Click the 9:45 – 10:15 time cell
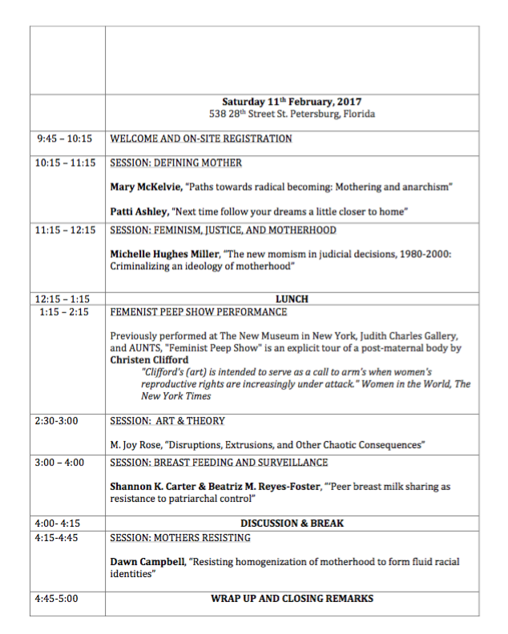(65, 138)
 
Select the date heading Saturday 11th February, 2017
(292, 102)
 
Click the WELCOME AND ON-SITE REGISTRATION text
(200, 138)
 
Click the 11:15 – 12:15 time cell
(65, 230)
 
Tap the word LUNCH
(292, 299)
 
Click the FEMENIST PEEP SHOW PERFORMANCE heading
(198, 311)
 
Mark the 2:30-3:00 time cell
(57, 420)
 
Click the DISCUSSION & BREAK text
(292, 523)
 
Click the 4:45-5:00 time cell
(57, 598)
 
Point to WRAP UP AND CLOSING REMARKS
(292, 598)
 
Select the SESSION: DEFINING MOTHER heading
(175, 163)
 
